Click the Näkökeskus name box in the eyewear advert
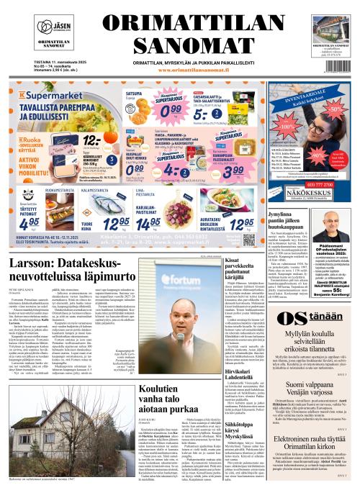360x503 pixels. click(x=298, y=194)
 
